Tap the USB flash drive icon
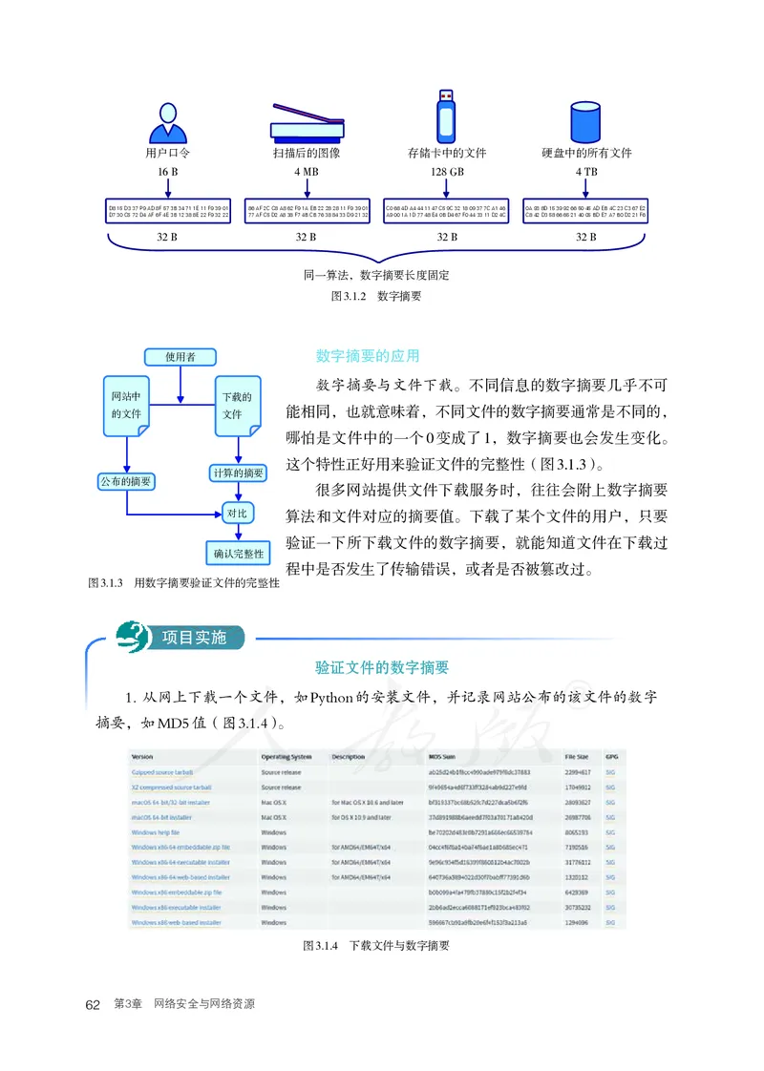(x=447, y=115)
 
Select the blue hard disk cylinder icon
(x=587, y=119)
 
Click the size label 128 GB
(x=447, y=172)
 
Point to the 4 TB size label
(x=587, y=172)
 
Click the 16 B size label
(x=168, y=172)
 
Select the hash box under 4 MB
(x=306, y=211)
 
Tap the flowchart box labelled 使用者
(x=180, y=357)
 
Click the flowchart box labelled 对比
(x=237, y=514)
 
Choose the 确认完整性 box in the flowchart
(x=238, y=553)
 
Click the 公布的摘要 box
(x=126, y=481)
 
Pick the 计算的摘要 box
(x=238, y=472)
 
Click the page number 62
(x=94, y=1004)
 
